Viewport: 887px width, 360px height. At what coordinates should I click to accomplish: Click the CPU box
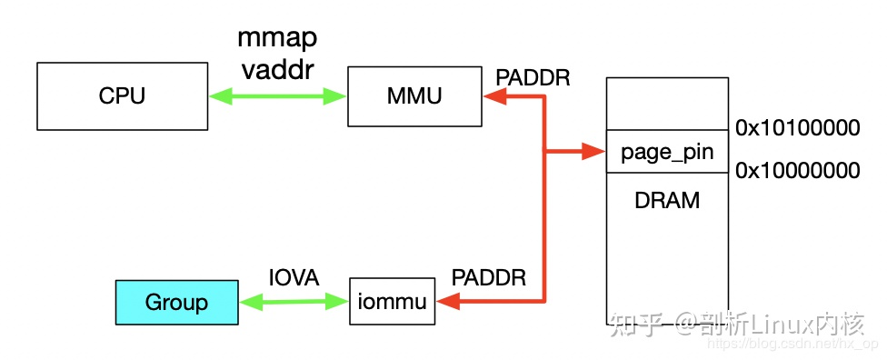tap(122, 95)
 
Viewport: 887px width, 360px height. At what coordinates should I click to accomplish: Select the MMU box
tap(415, 95)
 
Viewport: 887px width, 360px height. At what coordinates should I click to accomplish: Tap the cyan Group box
tap(176, 302)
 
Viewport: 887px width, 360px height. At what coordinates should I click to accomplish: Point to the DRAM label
tap(668, 201)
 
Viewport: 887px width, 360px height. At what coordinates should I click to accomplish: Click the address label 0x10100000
tap(797, 128)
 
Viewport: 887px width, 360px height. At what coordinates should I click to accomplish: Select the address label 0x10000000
tap(797, 170)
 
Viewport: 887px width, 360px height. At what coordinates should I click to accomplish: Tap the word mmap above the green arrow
tap(279, 37)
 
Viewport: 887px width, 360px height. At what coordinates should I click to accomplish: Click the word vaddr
tap(279, 70)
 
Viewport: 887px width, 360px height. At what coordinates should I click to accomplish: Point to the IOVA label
tap(294, 278)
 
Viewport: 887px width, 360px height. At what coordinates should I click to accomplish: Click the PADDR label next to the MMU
tap(533, 77)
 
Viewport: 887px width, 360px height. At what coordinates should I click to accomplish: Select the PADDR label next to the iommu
tap(489, 278)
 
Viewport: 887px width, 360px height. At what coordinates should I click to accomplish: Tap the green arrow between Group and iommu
tap(294, 302)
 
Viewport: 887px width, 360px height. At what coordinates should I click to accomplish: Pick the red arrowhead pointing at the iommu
tap(447, 302)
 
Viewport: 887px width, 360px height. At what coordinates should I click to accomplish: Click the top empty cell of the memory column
tap(668, 104)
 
